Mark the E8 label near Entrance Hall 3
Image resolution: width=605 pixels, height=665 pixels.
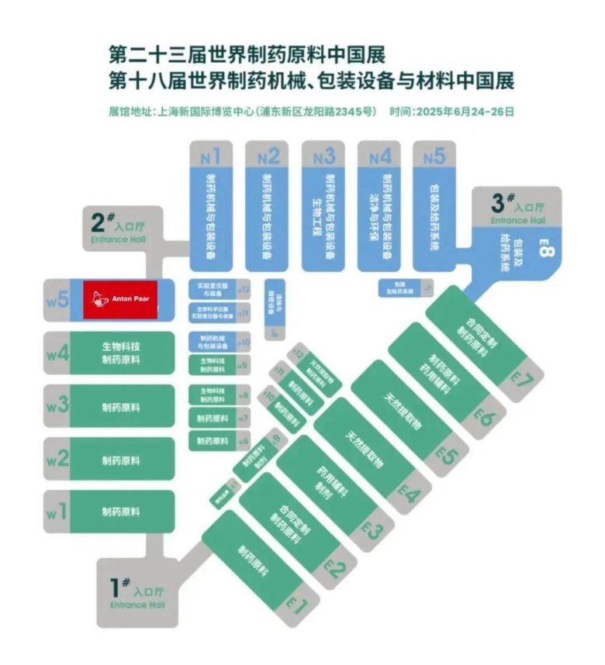[x=544, y=253]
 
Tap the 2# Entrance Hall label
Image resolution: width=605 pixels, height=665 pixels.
[x=117, y=227]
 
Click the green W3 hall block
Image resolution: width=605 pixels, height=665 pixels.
[x=120, y=406]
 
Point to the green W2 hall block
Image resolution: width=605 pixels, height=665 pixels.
[x=120, y=460]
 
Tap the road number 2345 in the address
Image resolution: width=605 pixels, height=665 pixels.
[x=347, y=112]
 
